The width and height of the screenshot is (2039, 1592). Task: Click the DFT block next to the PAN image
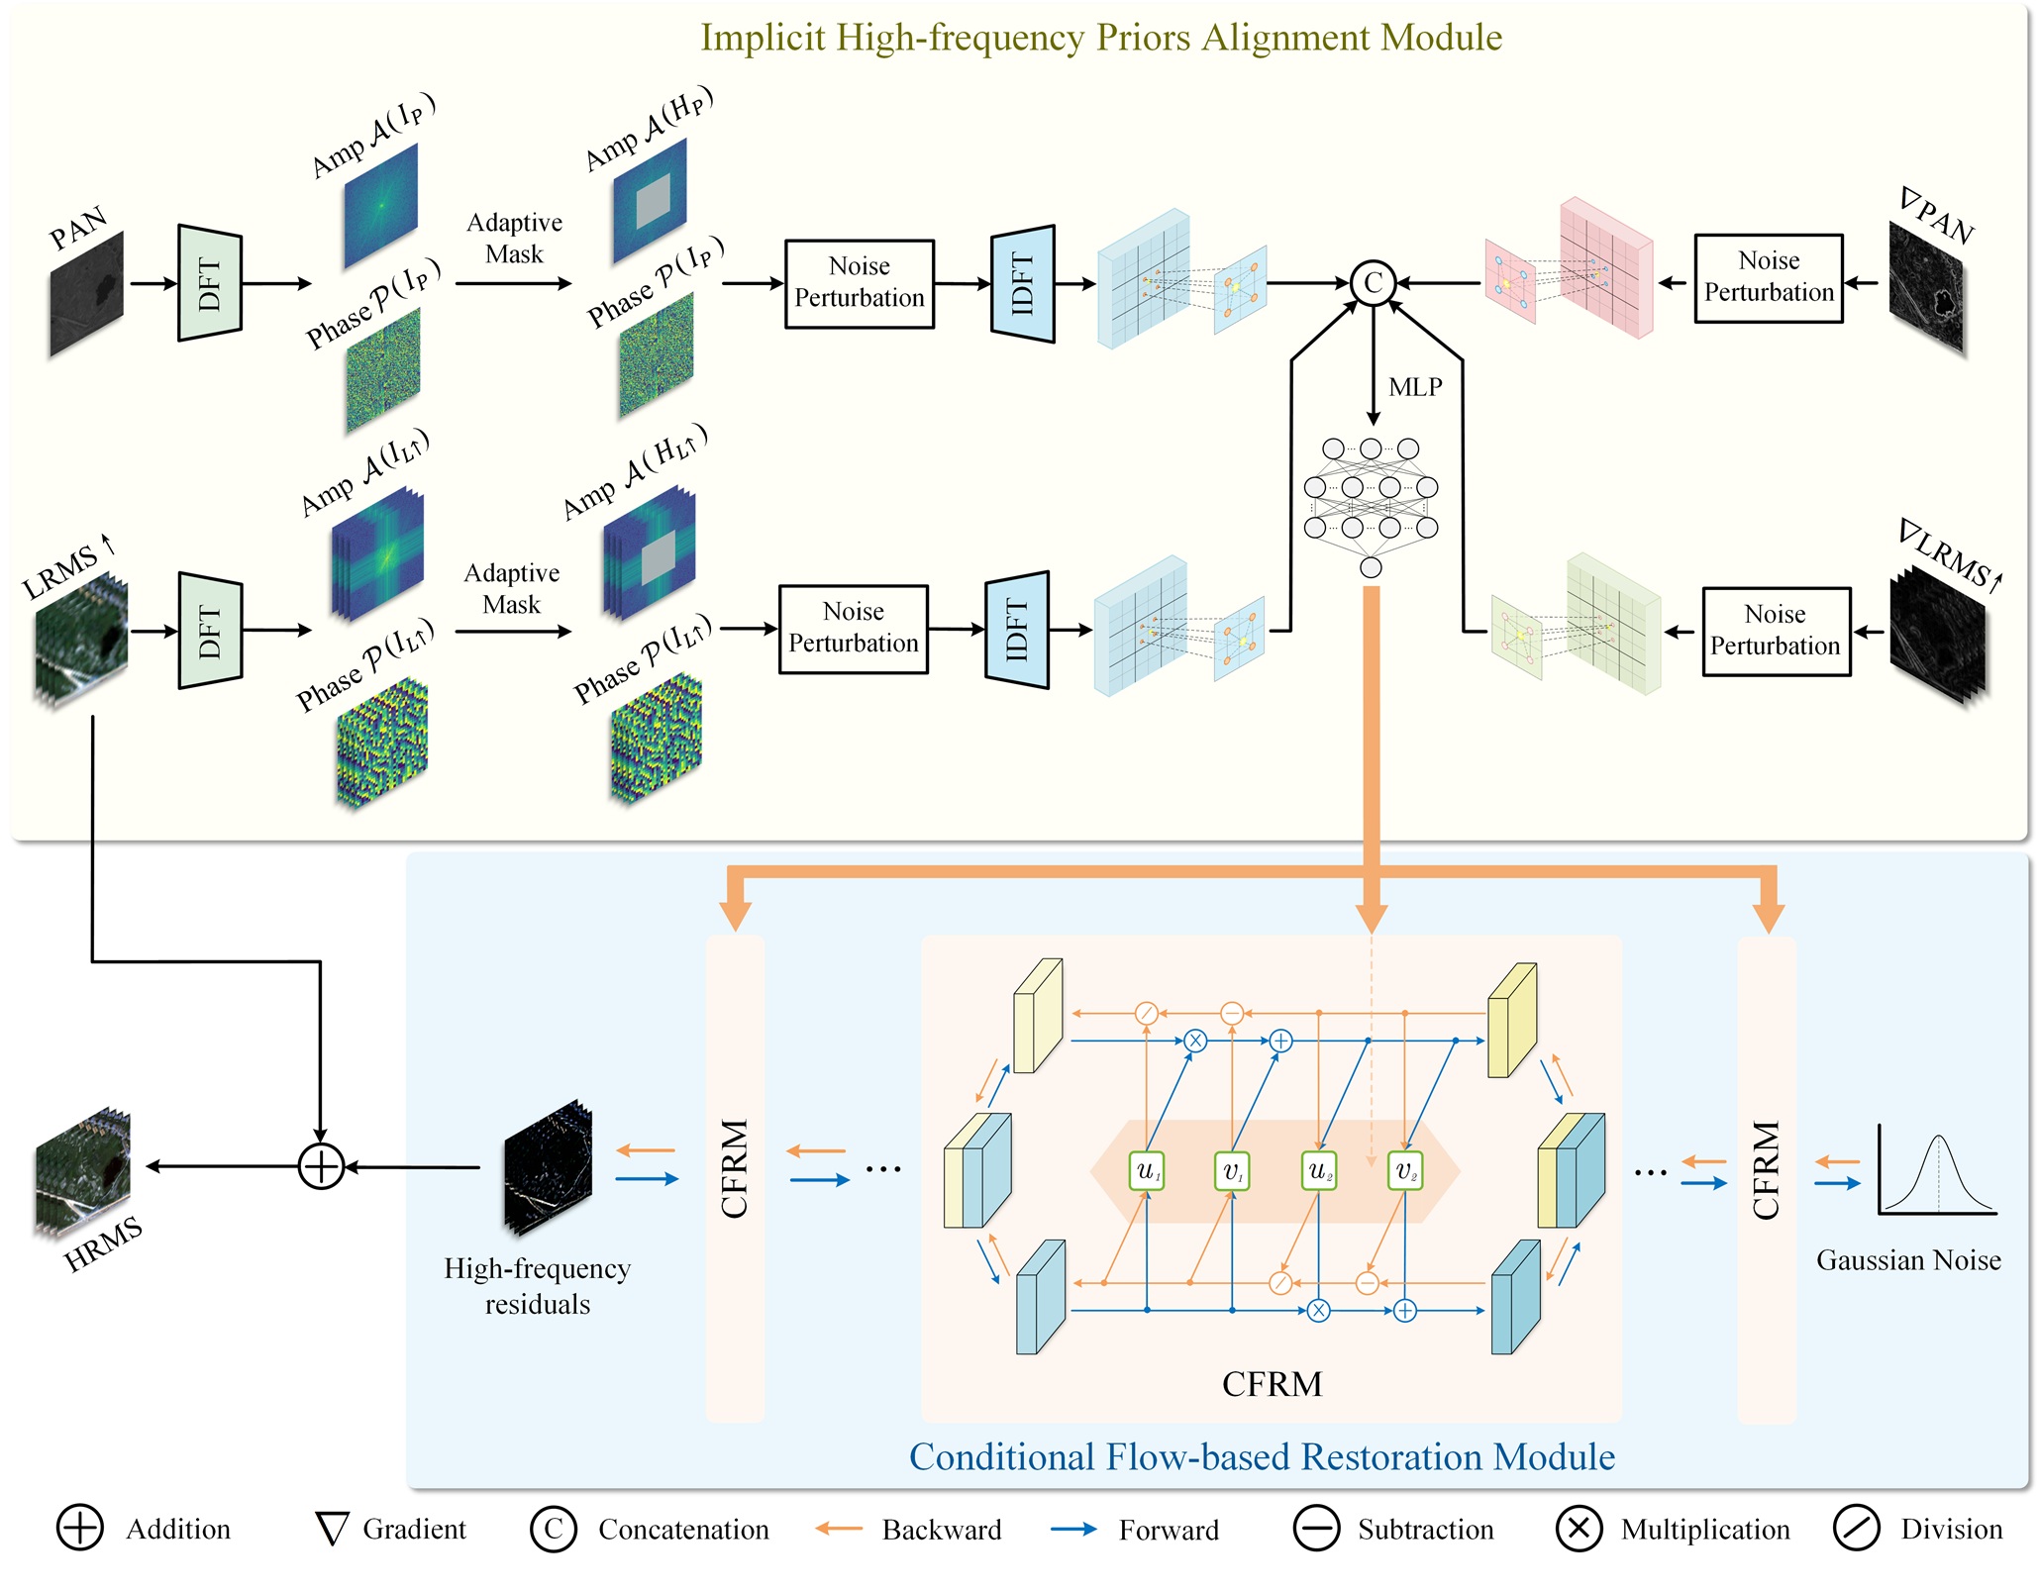click(209, 283)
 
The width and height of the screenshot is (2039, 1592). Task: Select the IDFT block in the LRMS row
click(1017, 630)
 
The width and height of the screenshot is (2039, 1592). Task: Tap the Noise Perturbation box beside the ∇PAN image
click(1769, 278)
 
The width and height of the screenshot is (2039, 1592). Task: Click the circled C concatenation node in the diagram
click(1373, 283)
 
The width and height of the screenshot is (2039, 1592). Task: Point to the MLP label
click(1415, 387)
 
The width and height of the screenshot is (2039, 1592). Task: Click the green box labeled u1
click(1147, 1171)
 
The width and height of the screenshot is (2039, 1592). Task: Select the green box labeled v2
click(1405, 1171)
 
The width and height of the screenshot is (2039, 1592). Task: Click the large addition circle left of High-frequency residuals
click(321, 1166)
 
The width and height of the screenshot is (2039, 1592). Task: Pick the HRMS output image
click(83, 1172)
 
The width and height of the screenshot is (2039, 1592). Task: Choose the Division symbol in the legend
click(1856, 1529)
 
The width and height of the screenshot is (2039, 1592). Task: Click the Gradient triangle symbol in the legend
click(332, 1529)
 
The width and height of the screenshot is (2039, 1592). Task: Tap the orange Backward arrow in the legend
click(839, 1529)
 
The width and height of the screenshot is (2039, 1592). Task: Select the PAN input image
click(87, 294)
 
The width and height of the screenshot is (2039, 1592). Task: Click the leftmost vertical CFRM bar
click(735, 1178)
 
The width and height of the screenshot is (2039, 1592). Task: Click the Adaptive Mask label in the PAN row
click(514, 238)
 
